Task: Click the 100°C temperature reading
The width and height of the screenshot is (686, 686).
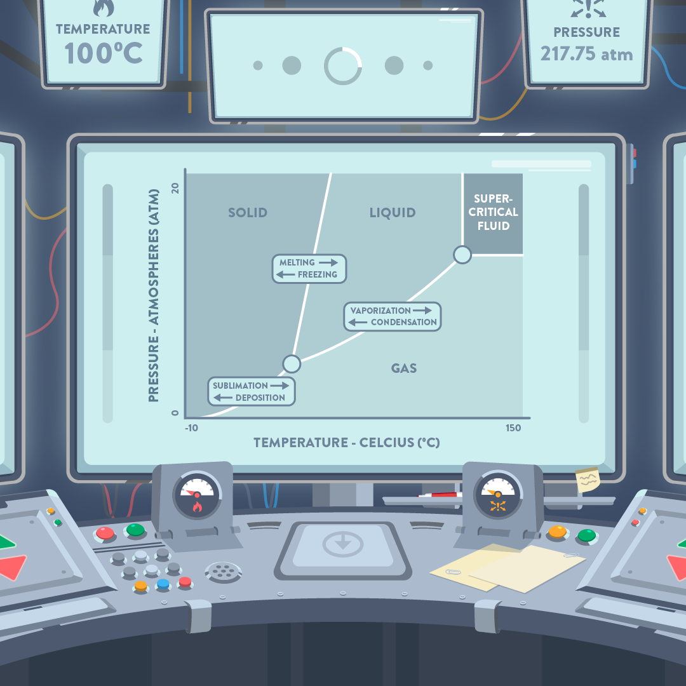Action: [103, 53]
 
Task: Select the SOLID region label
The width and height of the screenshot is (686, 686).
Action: [248, 213]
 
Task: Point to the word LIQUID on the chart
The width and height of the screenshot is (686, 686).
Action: [393, 213]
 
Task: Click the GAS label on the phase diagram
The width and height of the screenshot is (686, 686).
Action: [404, 368]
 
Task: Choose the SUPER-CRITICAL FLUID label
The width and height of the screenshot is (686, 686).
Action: [493, 212]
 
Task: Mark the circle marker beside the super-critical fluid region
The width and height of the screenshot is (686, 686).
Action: [462, 255]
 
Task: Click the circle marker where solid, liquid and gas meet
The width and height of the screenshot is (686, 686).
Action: [291, 363]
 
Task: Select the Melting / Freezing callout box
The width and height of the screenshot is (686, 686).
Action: [309, 269]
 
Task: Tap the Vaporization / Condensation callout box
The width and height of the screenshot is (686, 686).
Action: [393, 316]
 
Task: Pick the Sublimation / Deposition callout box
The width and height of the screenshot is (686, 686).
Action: [252, 391]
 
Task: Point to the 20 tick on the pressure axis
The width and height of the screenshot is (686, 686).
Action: [176, 189]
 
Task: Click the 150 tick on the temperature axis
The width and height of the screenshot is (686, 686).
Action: [513, 428]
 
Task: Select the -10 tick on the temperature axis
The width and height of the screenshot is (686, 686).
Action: [191, 428]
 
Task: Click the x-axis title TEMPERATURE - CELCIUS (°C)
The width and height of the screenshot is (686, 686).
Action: [347, 443]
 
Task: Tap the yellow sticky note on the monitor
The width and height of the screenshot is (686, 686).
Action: [588, 480]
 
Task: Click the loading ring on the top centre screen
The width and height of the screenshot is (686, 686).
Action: [343, 65]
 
